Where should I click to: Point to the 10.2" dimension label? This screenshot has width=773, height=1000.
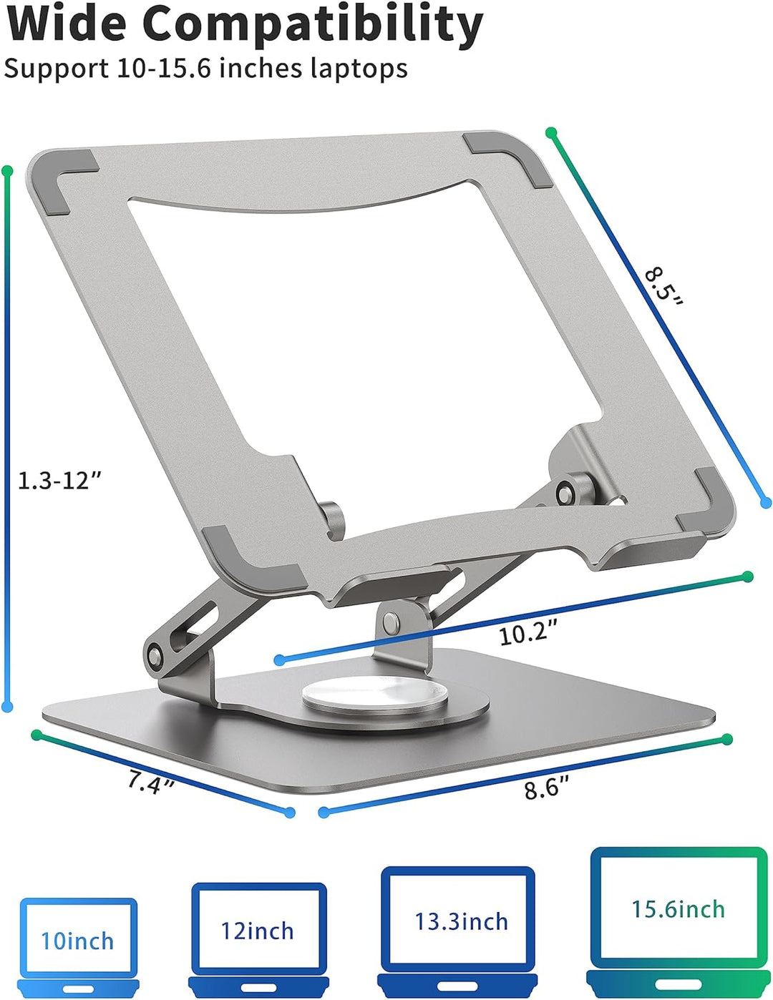[528, 632]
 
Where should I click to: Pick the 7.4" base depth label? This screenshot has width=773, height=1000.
[151, 782]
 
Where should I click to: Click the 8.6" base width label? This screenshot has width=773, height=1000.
[546, 788]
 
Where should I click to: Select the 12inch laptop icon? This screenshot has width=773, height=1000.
[258, 937]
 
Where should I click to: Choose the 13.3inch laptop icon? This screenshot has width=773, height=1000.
[457, 929]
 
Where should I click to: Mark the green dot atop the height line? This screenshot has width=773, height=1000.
[8, 172]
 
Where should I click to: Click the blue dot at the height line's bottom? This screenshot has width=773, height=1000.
[8, 707]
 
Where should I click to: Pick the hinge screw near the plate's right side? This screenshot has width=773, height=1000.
[566, 494]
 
